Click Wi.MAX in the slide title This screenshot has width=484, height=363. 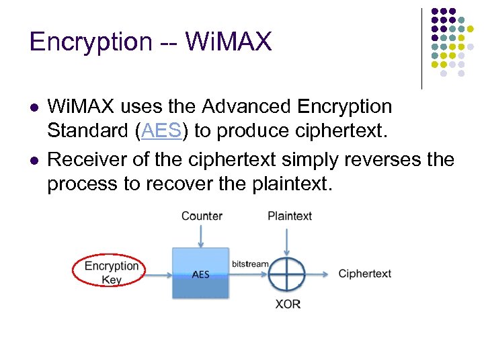coord(229,42)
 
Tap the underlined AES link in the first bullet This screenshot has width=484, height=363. coord(161,131)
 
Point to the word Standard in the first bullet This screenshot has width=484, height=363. coord(88,131)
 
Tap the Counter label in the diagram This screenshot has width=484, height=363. coord(202,216)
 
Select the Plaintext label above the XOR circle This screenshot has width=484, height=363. coord(290,216)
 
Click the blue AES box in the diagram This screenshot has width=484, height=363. coord(200,274)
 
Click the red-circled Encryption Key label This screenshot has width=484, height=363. coord(111,272)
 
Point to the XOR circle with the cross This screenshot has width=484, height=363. coord(287,274)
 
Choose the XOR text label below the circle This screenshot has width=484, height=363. coord(288,304)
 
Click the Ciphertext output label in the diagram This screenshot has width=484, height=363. coord(364,274)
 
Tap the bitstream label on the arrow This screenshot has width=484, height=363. coord(250,264)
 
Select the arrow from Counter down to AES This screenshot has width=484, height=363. coord(200,235)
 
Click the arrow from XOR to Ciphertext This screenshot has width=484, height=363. coord(319,274)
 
